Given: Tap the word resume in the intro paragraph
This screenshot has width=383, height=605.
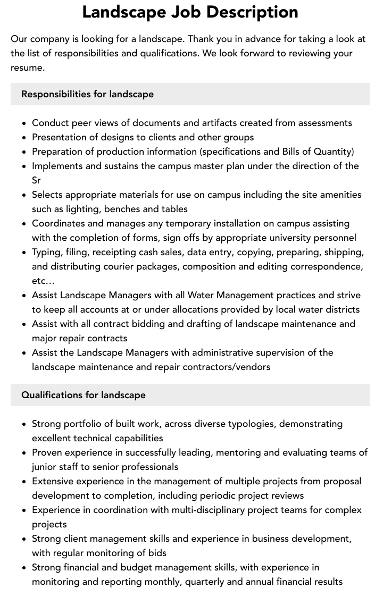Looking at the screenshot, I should point(28,68).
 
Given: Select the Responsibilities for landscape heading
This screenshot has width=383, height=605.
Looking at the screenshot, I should point(87,94).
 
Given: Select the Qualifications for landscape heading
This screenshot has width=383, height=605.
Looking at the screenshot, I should point(83,395).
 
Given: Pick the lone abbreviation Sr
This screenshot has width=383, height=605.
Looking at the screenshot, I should point(36,180).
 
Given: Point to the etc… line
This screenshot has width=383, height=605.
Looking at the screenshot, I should point(43,281).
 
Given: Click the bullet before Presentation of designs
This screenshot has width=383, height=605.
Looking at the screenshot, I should point(24,137).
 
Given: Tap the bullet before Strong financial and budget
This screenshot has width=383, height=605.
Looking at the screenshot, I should point(24,567).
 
